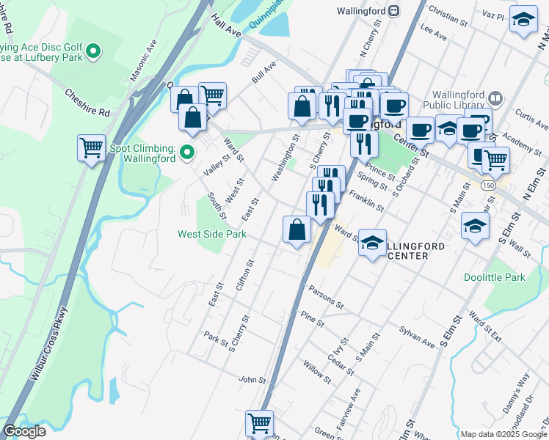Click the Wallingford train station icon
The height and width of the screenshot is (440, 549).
[394, 11]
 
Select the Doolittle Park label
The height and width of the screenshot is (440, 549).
[494, 278]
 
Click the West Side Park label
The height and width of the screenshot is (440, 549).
[212, 235]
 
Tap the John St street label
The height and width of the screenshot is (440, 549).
[251, 380]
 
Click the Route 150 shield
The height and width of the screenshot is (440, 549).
[489, 186]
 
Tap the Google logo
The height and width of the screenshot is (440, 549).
[24, 431]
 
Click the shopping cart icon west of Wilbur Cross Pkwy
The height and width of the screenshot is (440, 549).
[91, 148]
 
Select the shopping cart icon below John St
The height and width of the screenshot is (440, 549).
[259, 422]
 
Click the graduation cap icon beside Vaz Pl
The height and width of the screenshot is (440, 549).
[523, 20]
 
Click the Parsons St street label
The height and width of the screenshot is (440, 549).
[326, 296]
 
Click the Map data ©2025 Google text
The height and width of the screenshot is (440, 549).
[503, 434]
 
